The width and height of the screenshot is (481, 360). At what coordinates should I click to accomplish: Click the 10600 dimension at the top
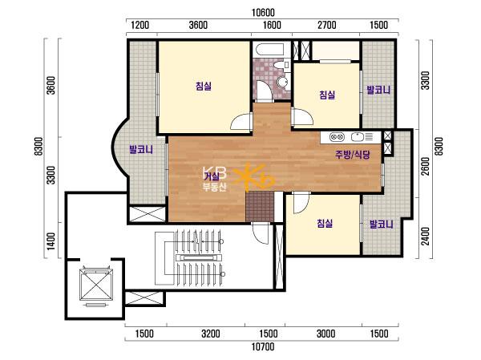263,13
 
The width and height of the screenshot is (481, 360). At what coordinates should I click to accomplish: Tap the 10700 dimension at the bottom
263,347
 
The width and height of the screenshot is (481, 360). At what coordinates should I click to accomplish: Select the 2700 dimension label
327,25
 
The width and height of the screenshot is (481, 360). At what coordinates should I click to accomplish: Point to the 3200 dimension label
210,334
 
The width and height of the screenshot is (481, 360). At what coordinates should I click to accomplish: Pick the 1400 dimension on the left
51,241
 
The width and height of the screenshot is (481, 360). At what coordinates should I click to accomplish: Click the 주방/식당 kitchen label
353,155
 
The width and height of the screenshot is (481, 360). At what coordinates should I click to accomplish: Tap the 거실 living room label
212,176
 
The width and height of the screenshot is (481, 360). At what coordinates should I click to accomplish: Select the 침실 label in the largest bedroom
204,86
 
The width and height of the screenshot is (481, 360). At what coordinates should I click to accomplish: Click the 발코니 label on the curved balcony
141,150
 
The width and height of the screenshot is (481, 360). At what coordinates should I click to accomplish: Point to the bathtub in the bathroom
269,51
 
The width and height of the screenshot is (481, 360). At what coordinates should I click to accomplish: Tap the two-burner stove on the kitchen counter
338,136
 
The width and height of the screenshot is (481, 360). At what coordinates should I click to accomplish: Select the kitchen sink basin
357,137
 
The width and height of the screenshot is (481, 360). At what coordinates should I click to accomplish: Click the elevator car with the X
96,285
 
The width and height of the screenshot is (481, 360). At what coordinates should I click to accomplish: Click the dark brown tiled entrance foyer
260,206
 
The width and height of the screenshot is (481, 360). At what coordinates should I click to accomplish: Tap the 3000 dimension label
325,334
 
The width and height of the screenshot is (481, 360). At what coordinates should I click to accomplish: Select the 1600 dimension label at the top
272,25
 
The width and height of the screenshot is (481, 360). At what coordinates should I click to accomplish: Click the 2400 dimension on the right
426,237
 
